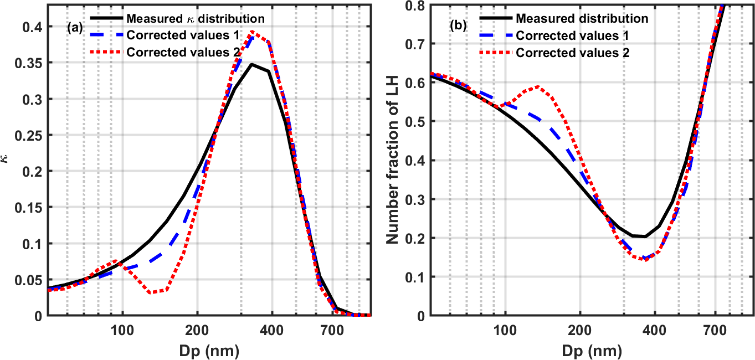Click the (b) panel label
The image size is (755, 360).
(x=457, y=25)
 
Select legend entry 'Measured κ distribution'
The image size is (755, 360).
(x=195, y=18)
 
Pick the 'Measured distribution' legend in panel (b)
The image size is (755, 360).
(x=582, y=18)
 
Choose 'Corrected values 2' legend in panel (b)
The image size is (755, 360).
(x=573, y=53)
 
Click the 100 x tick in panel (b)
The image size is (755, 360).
(x=505, y=327)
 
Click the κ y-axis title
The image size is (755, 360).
(x=7, y=158)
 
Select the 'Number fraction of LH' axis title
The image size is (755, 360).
(x=392, y=158)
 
